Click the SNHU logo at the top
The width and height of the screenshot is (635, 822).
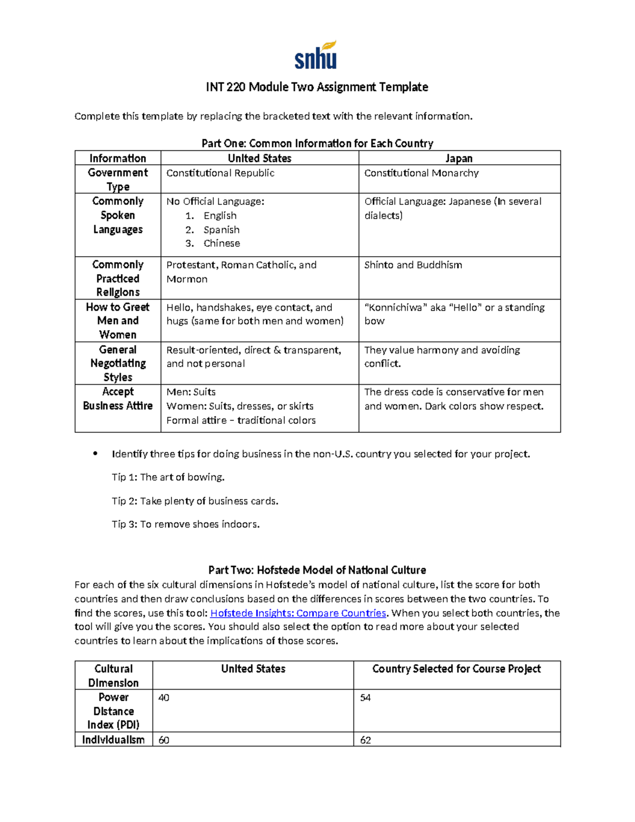pos(316,56)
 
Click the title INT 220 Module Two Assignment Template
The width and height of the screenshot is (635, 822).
pos(317,87)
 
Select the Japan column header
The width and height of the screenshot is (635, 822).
pos(459,158)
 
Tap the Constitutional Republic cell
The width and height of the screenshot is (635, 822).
pos(220,173)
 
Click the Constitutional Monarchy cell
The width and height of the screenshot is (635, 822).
pos(421,173)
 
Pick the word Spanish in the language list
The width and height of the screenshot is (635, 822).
pos(221,230)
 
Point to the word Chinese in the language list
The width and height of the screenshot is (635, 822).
pos(222,243)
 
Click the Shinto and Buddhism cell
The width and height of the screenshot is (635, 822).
pos(413,265)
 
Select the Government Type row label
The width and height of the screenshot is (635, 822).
pos(117,179)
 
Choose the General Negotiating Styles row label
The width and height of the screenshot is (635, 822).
pos(117,364)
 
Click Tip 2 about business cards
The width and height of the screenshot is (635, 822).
pos(195,501)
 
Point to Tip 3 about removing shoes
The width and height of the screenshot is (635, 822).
pos(186,525)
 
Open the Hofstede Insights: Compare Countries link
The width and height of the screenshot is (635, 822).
pos(298,613)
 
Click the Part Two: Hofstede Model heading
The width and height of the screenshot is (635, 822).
pos(317,570)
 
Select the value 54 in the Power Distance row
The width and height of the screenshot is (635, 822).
pos(365,698)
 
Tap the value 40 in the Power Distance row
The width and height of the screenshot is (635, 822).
pos(164,698)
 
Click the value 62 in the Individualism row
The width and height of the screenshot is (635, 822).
pos(365,740)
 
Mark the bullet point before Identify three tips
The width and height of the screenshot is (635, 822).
pos(95,454)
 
